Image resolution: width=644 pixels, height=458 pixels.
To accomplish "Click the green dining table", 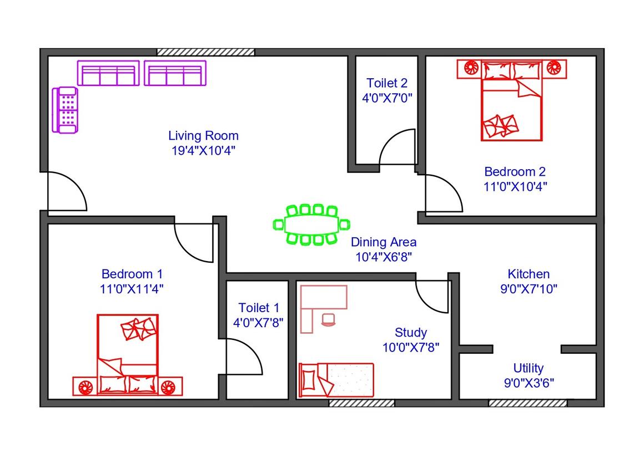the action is (311, 225).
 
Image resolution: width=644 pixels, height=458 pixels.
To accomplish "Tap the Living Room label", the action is (203, 136).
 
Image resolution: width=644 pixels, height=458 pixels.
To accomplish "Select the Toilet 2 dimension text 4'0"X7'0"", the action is (387, 98).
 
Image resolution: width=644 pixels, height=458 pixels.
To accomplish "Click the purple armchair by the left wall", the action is (65, 110).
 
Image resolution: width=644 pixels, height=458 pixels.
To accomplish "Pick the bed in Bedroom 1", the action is (128, 355).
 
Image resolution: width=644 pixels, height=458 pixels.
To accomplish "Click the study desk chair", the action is (329, 319).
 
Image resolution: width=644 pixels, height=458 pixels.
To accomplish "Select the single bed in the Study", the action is (336, 380).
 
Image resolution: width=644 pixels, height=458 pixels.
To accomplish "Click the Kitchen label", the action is (529, 274).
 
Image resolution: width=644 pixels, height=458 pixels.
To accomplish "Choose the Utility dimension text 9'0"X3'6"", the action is (529, 383).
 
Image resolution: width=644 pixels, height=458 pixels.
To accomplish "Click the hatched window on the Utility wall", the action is (528, 404).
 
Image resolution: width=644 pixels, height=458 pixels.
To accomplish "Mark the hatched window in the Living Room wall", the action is (206, 52).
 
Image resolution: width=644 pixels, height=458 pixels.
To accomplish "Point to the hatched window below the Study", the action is (361, 404).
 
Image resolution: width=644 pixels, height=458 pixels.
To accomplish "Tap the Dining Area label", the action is (384, 242).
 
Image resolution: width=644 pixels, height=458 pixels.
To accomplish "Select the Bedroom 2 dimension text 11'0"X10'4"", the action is (515, 186).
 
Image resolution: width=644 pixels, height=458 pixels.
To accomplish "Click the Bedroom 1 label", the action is (132, 274).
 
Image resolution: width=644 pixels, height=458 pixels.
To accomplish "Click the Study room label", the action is (411, 333).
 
